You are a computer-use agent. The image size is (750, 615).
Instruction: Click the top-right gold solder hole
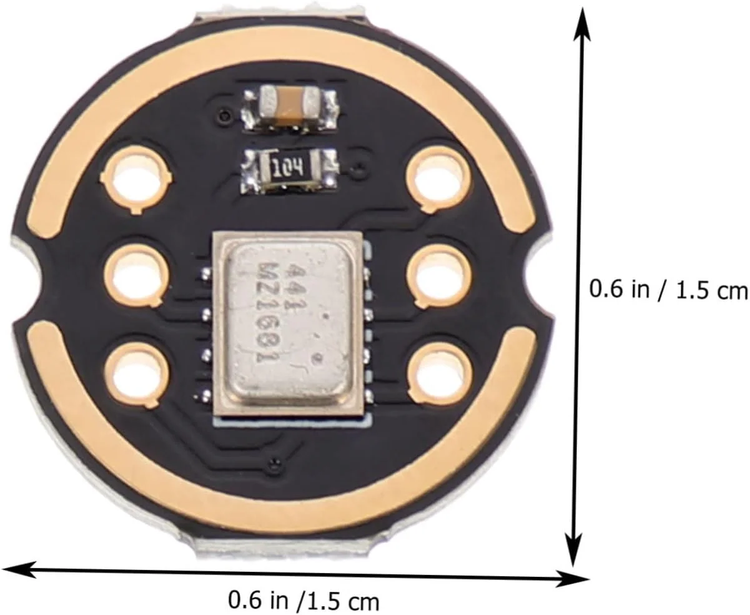[x=440, y=180]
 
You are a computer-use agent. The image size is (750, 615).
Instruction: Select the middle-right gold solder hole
[x=440, y=276]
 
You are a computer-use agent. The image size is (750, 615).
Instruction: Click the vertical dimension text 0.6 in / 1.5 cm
[x=669, y=290]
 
